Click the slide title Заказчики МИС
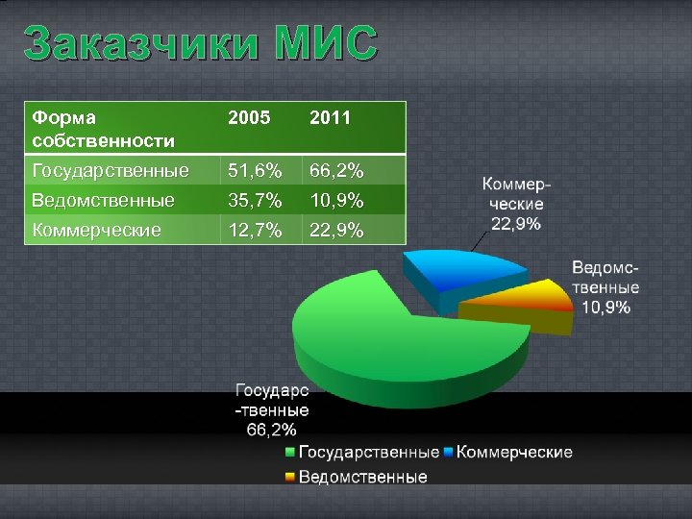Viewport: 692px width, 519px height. [x=201, y=44]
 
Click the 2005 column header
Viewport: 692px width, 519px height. [x=248, y=118]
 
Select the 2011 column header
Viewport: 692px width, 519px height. [x=330, y=118]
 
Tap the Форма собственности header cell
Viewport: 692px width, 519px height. [x=103, y=130]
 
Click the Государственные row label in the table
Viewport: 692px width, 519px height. [x=111, y=172]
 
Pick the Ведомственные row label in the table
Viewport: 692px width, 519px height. [x=103, y=201]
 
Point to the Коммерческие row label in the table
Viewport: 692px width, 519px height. [x=96, y=230]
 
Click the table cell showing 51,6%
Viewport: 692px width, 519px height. [x=255, y=172]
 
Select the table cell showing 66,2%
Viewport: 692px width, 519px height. [x=335, y=172]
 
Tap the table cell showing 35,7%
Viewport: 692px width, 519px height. [x=255, y=201]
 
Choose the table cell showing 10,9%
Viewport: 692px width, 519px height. [x=335, y=201]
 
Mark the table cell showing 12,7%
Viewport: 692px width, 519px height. [x=255, y=230]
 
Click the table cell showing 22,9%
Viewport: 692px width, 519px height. [x=335, y=230]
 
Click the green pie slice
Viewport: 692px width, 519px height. [x=384, y=327]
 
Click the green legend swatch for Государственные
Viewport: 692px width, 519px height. [x=290, y=452]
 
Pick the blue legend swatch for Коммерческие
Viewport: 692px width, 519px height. [x=448, y=452]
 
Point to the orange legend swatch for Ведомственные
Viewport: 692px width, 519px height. [x=290, y=477]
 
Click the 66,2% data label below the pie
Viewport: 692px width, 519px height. [x=272, y=429]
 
